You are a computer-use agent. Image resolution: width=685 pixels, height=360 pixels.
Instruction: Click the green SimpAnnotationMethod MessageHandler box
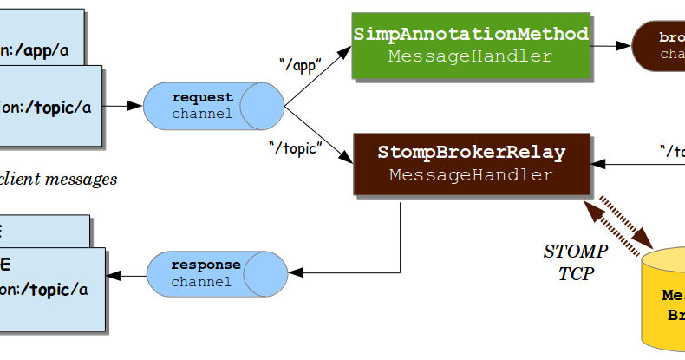(x=471, y=45)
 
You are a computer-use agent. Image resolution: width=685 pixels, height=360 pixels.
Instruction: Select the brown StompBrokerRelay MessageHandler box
(x=471, y=164)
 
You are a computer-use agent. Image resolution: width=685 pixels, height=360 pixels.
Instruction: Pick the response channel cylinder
(x=216, y=273)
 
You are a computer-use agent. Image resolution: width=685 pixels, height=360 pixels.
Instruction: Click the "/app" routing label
(x=301, y=65)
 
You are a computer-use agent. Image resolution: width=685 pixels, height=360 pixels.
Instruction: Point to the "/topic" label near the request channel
(x=295, y=148)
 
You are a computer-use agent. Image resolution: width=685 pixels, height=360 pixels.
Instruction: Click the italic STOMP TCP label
(x=575, y=262)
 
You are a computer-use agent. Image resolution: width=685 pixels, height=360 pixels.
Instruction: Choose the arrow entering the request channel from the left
(x=122, y=106)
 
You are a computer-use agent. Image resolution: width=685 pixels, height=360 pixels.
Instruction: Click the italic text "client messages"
(x=58, y=180)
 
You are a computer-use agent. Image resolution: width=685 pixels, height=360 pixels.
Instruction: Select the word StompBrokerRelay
(x=471, y=153)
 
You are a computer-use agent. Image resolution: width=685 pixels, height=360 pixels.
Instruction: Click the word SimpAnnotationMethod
(x=471, y=34)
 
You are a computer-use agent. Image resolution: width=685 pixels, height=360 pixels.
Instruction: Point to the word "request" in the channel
(x=202, y=97)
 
